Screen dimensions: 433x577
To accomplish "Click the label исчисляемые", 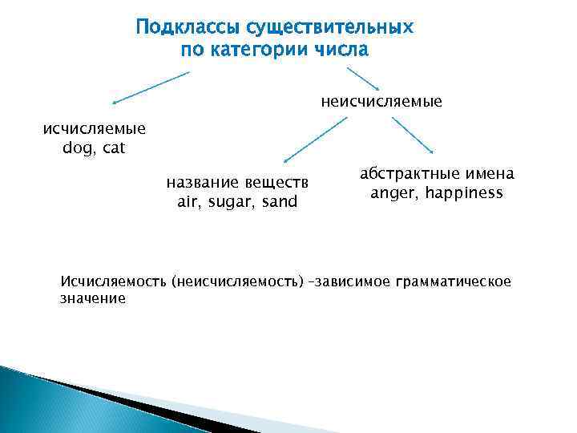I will (x=94, y=130).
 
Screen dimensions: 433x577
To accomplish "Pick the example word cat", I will (x=114, y=149).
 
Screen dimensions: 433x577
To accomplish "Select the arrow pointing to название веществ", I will (x=316, y=140).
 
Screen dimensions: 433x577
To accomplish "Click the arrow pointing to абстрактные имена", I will (x=412, y=135).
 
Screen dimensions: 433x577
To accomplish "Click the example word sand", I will (x=280, y=202).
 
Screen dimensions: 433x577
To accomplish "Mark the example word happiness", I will (x=465, y=193).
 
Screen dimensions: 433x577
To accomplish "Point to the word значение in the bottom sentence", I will (x=93, y=298).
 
